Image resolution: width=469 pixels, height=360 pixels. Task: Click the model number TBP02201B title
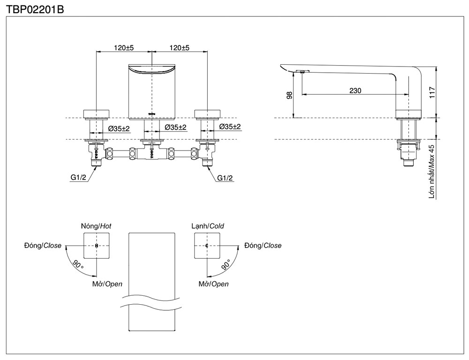(x=35, y=8)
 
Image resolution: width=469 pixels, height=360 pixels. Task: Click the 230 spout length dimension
(x=355, y=91)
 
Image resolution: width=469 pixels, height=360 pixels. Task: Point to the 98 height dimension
(x=289, y=95)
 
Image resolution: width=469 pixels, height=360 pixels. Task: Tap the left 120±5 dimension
(x=124, y=48)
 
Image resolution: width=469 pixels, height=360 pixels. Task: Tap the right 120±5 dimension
(x=179, y=48)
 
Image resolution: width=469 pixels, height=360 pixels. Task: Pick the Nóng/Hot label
(x=96, y=226)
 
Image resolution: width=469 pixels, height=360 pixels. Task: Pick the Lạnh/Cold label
(x=207, y=226)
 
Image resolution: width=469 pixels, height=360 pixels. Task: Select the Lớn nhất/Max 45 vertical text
(x=431, y=172)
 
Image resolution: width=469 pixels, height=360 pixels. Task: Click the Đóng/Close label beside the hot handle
(x=43, y=246)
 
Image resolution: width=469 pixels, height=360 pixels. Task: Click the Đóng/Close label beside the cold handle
(x=263, y=246)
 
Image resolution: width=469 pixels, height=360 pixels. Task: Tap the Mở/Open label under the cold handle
(x=213, y=284)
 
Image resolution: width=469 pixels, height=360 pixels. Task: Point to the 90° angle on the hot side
(x=78, y=265)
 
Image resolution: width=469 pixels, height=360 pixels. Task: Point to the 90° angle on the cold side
(x=225, y=265)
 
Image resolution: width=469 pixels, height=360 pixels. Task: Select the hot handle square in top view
(x=97, y=246)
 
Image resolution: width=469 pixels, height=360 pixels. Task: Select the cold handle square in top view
(x=207, y=246)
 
